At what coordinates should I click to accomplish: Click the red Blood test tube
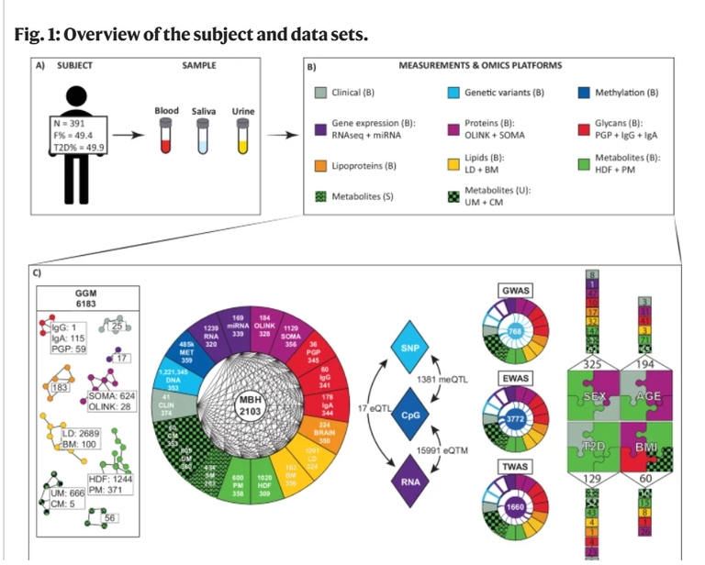click(x=166, y=137)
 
